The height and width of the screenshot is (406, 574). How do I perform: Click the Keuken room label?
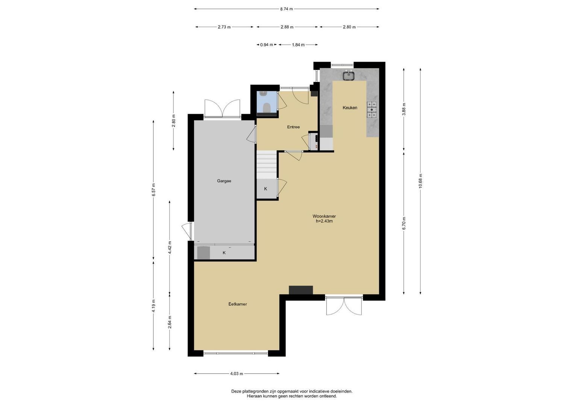(x=350, y=108)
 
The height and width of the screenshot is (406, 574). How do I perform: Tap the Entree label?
(x=294, y=127)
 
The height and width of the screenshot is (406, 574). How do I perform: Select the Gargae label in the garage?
(x=224, y=181)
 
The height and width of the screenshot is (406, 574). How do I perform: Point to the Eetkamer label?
(x=238, y=304)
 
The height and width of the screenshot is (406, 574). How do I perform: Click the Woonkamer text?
(x=324, y=216)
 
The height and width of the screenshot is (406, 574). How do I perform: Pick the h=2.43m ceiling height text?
(x=324, y=221)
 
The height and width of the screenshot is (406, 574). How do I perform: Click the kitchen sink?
(x=349, y=76)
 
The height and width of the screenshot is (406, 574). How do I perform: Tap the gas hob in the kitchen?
(x=372, y=110)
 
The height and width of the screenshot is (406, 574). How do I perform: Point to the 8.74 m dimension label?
(x=286, y=9)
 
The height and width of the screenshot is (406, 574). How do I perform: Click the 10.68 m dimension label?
(x=420, y=181)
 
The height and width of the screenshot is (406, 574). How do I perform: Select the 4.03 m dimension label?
(x=236, y=374)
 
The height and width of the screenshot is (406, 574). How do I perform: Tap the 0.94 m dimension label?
(x=267, y=45)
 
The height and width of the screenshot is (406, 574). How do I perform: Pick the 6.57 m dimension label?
(x=153, y=190)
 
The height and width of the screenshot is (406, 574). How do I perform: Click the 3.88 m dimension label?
(x=404, y=109)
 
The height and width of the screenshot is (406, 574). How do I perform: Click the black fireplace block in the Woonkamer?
(x=301, y=290)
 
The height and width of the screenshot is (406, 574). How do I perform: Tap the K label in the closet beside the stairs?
(x=266, y=189)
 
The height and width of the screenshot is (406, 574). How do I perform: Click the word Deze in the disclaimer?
(x=236, y=391)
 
